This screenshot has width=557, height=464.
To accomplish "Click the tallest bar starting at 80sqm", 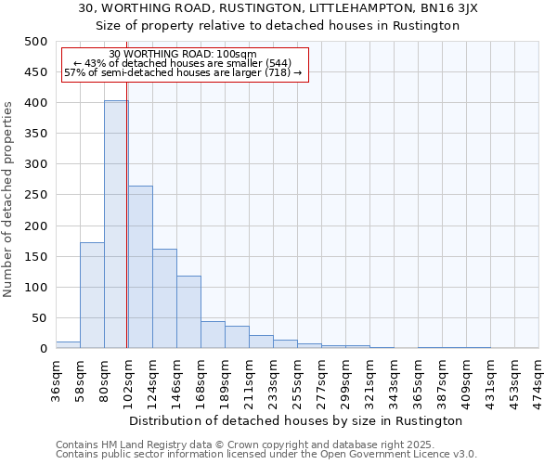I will pyautogui.click(x=116, y=225).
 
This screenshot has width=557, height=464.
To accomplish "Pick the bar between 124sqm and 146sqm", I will pyautogui.click(x=164, y=299).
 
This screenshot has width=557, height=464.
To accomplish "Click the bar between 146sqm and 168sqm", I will pyautogui.click(x=188, y=312).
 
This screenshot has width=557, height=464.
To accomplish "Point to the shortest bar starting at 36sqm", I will pyautogui.click(x=68, y=344).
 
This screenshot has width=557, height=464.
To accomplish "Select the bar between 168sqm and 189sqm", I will pyautogui.click(x=213, y=335).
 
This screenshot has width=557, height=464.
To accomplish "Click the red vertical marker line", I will pyautogui.click(x=126, y=232).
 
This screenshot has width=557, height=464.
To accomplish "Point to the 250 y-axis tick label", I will pyautogui.click(x=35, y=195).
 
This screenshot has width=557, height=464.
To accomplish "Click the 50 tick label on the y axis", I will pyautogui.click(x=39, y=318).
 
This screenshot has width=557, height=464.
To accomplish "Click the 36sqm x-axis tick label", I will pyautogui.click(x=56, y=378).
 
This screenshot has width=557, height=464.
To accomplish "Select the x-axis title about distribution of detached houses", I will pyautogui.click(x=296, y=420).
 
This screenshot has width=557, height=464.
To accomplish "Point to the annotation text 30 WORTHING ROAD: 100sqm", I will pyautogui.click(x=183, y=54).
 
